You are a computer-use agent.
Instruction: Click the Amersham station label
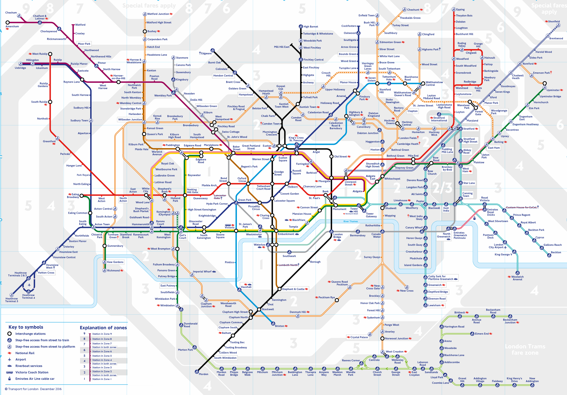(x=12, y=27)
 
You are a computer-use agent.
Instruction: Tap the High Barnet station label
(x=311, y=27)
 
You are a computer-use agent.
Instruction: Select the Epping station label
(x=460, y=10)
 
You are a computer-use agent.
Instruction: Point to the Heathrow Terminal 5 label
(x=12, y=300)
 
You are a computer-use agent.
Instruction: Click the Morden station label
(x=203, y=374)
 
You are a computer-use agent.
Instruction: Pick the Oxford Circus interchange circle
(x=248, y=184)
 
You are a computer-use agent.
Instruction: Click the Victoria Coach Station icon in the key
(x=10, y=372)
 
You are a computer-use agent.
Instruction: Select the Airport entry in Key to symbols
(x=21, y=359)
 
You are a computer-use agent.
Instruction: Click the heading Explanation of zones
(x=103, y=328)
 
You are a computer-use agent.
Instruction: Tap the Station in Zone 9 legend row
(x=102, y=334)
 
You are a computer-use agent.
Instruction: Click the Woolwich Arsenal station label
(x=517, y=278)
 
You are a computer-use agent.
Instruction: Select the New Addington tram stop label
(x=532, y=380)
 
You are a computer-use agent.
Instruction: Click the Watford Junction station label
(x=158, y=14)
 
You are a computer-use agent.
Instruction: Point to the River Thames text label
(x=350, y=221)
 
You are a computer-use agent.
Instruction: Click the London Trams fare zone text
(x=525, y=349)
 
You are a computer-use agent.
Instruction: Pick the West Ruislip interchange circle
(x=50, y=54)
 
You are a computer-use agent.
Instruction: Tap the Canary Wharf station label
(x=414, y=227)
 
